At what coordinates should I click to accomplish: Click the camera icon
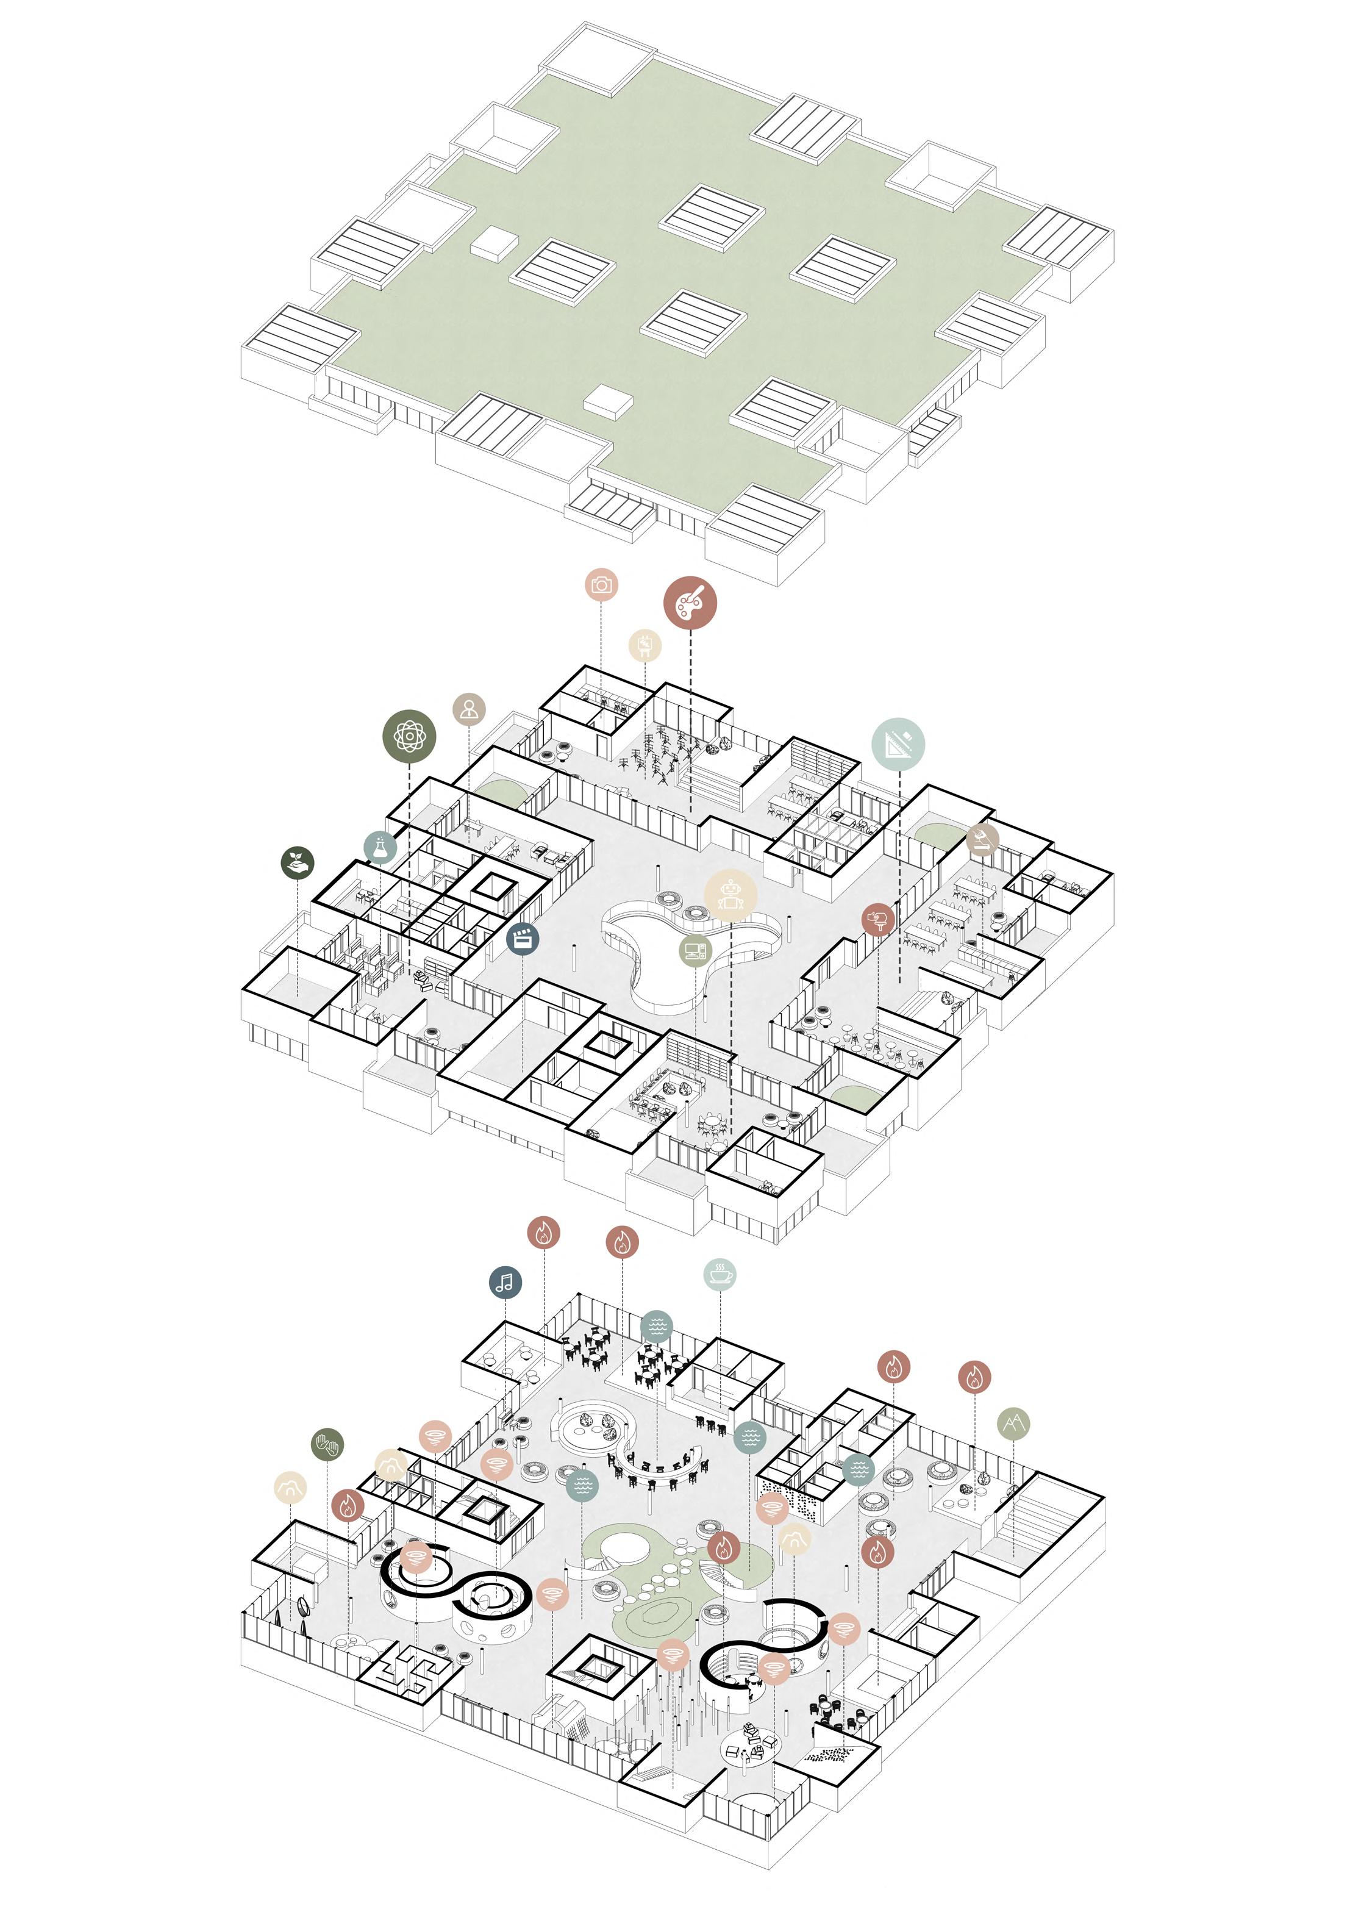pyautogui.click(x=601, y=586)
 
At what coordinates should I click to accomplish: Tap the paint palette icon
pyautogui.click(x=690, y=602)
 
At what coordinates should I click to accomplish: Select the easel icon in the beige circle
pyautogui.click(x=645, y=645)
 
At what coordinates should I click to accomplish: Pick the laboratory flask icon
pyautogui.click(x=380, y=847)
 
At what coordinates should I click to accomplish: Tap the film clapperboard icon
pyautogui.click(x=522, y=939)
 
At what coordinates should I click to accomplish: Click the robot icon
pyautogui.click(x=730, y=894)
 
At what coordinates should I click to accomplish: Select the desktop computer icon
pyautogui.click(x=695, y=948)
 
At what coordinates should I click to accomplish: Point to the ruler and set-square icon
pyautogui.click(x=899, y=742)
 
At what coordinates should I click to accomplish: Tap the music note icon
pyautogui.click(x=505, y=1282)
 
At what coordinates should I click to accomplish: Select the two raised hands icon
pyautogui.click(x=327, y=1444)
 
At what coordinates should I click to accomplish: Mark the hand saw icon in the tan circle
pyautogui.click(x=982, y=840)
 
